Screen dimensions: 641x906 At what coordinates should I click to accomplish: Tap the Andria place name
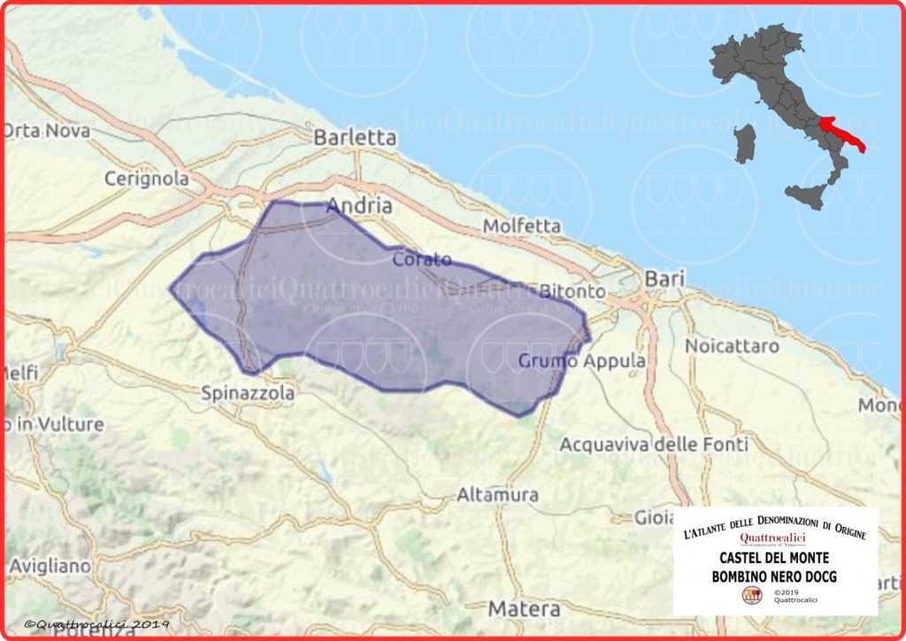359,206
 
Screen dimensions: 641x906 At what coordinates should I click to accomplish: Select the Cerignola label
147,179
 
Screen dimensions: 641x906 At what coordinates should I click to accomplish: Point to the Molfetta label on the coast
522,226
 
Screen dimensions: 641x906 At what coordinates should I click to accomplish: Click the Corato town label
422,260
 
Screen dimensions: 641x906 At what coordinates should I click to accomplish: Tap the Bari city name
665,279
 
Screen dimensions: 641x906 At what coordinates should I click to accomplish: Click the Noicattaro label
731,345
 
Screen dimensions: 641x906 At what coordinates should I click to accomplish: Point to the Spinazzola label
248,393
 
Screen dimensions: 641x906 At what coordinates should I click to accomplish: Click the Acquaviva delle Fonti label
654,444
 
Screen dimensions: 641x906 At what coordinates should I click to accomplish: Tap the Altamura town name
497,495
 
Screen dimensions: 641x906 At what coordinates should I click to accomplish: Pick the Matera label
525,609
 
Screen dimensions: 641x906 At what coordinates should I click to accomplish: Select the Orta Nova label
46,131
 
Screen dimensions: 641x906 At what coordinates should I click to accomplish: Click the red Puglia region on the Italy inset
841,133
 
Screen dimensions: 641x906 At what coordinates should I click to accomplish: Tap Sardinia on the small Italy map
746,143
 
